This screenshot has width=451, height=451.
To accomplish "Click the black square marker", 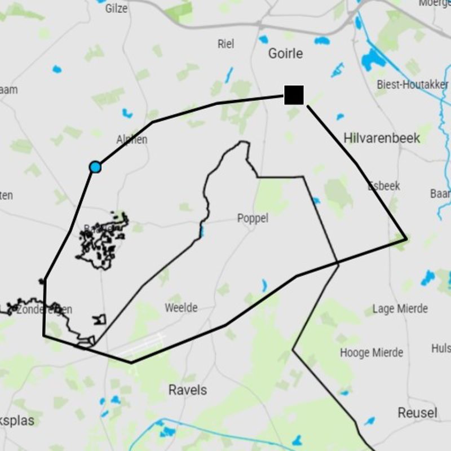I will tap(294, 95).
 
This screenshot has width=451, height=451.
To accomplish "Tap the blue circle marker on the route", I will tap(95, 167).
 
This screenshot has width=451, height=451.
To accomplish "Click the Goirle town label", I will tap(285, 54).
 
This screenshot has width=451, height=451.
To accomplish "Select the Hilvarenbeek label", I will tap(382, 138).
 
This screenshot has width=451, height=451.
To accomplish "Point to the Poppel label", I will tap(253, 218).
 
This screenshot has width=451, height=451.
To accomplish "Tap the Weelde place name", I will tap(181, 308).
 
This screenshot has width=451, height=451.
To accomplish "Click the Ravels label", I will tap(188, 390).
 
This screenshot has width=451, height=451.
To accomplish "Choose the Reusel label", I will tap(417, 413).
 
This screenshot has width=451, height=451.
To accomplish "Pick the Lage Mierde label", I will tap(400, 309).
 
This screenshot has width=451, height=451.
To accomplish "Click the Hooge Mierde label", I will tap(372, 353).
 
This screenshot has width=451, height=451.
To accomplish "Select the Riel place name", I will tap(225, 43).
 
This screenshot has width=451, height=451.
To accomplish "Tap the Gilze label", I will tap(116, 8).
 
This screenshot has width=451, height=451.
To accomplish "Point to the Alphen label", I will tap(132, 139).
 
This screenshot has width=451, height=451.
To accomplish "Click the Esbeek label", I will tap(384, 185).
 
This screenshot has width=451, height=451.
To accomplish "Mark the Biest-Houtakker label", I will tap(413, 85).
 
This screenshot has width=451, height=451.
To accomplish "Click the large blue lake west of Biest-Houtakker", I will tap(372, 58).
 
